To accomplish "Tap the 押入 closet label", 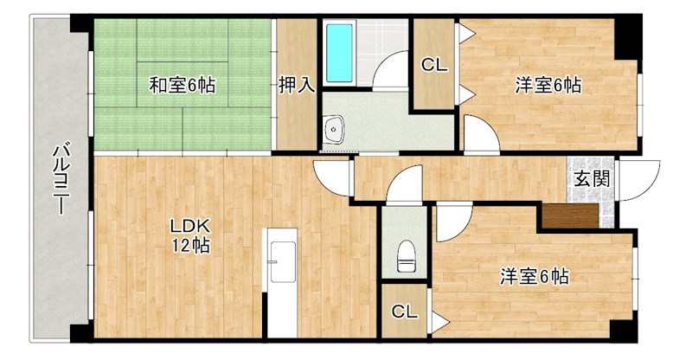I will [x=296, y=85].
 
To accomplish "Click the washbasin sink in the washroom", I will [x=334, y=130].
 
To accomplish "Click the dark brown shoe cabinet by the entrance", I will [x=569, y=215].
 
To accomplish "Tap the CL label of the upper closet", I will [x=433, y=64].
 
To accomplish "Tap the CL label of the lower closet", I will [x=404, y=311].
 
